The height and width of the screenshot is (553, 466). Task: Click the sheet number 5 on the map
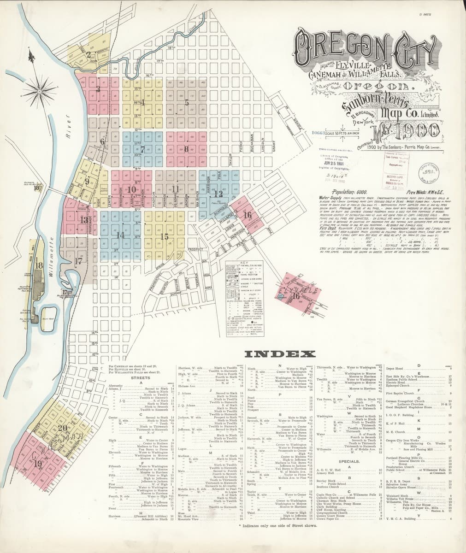[187, 103]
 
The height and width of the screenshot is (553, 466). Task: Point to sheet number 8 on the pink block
[186, 149]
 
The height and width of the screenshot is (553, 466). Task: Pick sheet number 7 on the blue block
[143, 149]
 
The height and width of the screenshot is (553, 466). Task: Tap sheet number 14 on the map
[121, 235]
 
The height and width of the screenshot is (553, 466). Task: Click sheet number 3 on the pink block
[98, 88]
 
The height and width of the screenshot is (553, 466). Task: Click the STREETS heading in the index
[138, 377]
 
